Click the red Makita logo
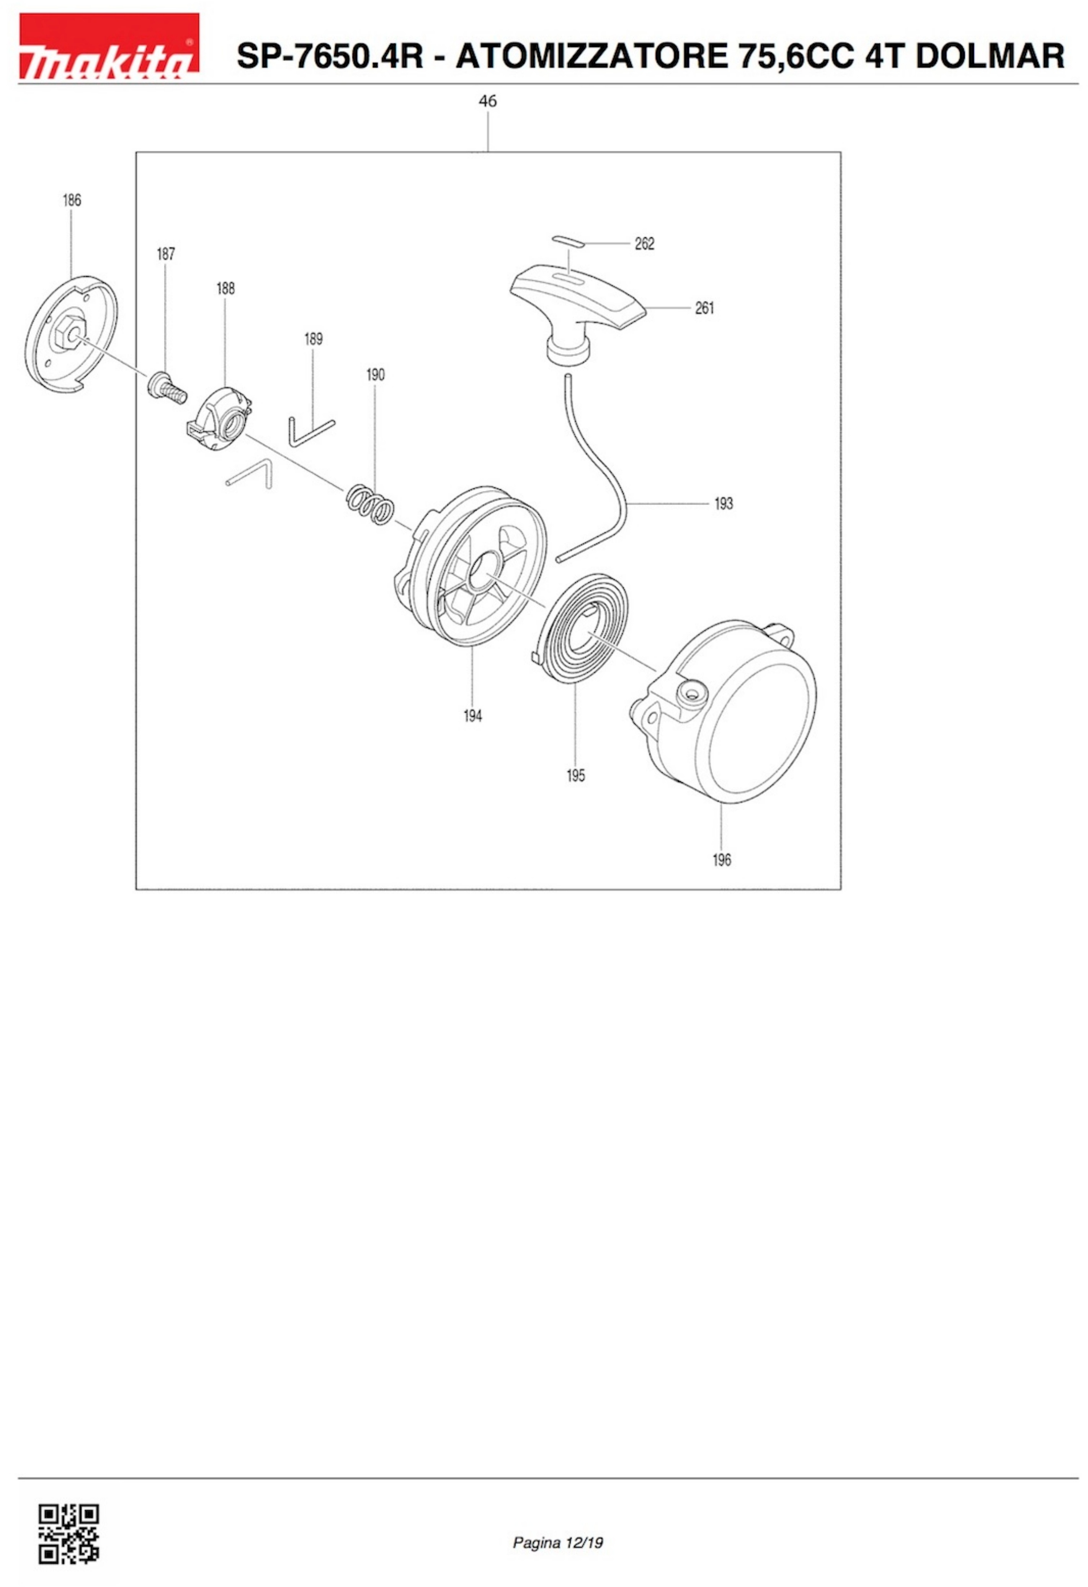pyautogui.click(x=109, y=46)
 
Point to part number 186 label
pyautogui.click(x=72, y=200)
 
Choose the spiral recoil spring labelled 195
pyautogui.click(x=578, y=630)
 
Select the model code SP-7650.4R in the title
pyautogui.click(x=330, y=56)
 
